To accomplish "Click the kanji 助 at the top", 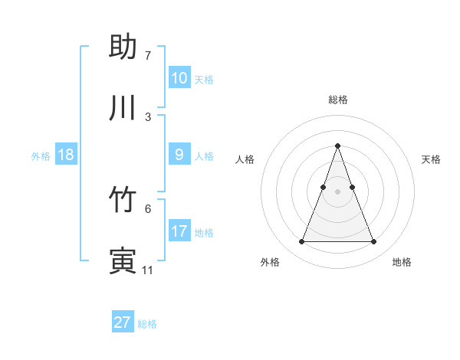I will coord(123,47).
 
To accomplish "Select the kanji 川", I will coord(123,108).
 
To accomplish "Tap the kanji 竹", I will coord(123,201).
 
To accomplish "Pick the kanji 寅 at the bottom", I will coord(123,261).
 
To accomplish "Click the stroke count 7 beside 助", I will coord(148,56).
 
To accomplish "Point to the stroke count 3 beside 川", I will coord(148,116).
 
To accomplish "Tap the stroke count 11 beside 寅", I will coord(147,270).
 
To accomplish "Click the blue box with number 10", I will coord(179,78).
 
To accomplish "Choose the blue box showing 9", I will coord(179,155).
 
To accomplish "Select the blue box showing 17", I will coord(179,231).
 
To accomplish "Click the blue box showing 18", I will coord(65,155).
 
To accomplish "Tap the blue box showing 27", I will coord(122,322).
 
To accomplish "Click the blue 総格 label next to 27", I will coord(147,324).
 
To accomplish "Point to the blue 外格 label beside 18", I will coord(41,156).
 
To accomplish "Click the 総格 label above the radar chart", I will coord(337,100).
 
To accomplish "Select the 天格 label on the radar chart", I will coord(431,159).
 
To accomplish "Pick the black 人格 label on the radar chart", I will coord(245,159).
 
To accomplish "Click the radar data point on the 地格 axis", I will coord(373,242).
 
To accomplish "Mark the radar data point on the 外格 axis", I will coord(301,242).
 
